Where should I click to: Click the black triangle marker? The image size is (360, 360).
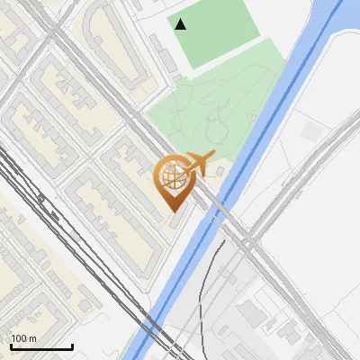(x=181, y=24)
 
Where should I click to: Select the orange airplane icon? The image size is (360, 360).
(x=196, y=163)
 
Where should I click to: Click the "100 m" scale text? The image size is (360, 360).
(x=23, y=337)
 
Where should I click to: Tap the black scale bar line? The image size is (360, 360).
(x=41, y=346)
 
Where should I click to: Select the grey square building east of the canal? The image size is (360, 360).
(x=311, y=130)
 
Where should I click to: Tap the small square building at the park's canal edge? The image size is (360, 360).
(x=221, y=170)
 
